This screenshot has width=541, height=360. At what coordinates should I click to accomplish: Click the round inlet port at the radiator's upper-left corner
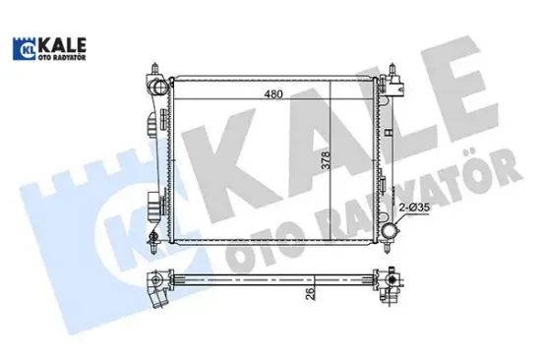158,91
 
